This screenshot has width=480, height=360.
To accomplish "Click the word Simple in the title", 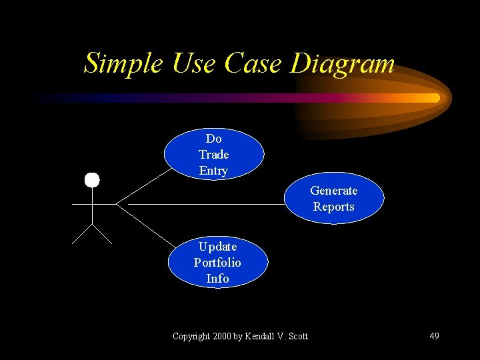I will [123, 63].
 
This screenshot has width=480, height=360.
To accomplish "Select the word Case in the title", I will [254, 63].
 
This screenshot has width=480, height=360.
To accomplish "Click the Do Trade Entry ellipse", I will [213, 155].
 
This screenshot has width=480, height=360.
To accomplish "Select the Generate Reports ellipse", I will [334, 199].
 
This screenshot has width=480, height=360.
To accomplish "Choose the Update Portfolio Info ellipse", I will [217, 262].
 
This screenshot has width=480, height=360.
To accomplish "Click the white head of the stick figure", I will [91, 179].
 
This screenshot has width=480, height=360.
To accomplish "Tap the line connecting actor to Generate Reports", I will [200, 203].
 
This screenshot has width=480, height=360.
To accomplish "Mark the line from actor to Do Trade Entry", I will [143, 185].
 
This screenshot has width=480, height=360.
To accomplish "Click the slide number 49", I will [434, 336].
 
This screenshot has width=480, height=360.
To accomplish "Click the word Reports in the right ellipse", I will [334, 207].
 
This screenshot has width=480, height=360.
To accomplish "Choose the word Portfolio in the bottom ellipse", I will [217, 263].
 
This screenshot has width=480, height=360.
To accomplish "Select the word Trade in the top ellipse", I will [213, 155].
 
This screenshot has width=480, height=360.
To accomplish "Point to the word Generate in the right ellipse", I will [334, 191].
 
